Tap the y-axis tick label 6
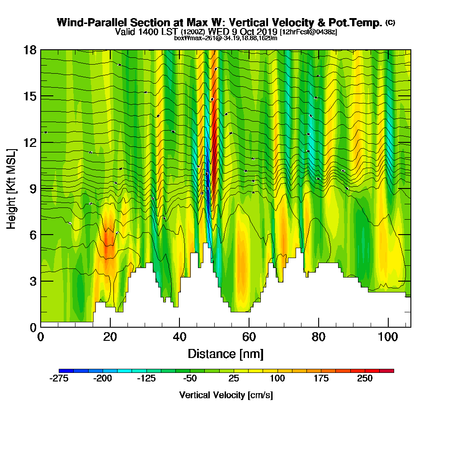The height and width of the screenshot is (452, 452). click(33, 235)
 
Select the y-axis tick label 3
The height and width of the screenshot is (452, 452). click(33, 281)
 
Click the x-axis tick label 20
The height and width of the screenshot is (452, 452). click(110, 337)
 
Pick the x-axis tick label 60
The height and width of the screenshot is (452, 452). click(250, 337)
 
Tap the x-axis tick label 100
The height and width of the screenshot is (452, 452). click(388, 337)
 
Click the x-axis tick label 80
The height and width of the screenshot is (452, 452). click(319, 337)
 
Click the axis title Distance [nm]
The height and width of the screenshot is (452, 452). click(226, 353)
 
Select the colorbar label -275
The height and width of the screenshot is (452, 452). click(58, 378)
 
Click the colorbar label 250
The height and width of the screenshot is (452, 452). click(365, 378)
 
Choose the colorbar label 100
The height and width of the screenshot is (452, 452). click(278, 378)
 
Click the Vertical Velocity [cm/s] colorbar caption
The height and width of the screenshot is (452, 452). click(226, 395)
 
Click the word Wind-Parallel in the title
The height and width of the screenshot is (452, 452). click(86, 23)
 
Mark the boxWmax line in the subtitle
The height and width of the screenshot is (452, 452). click(226, 38)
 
